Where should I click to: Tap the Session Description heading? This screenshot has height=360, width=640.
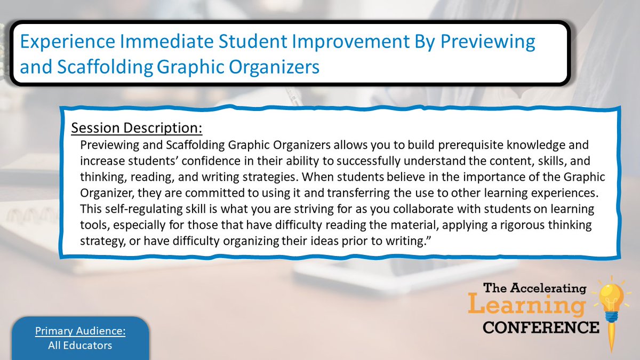click(137, 129)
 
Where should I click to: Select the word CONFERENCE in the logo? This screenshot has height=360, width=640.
click(541, 326)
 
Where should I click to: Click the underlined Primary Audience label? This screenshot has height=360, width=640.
click(80, 331)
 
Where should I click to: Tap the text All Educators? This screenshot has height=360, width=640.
click(80, 346)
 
